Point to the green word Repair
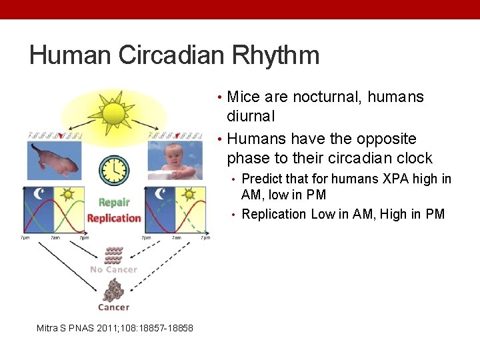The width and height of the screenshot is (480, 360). pos(113,203)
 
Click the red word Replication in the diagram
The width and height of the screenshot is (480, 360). pos(114,218)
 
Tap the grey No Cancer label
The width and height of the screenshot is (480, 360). pos(113,269)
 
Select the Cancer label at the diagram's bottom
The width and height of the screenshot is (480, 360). pos(113,307)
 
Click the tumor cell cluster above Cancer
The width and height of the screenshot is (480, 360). pos(113,290)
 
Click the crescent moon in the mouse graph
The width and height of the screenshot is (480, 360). pos(39,194)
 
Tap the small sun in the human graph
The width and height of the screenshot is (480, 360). pos(189,194)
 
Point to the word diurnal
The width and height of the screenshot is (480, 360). pos(251,117)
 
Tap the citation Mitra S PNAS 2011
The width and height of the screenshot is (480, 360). pos(115,328)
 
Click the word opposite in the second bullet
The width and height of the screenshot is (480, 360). pos(382,139)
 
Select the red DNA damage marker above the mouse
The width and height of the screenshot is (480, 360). pos(61,136)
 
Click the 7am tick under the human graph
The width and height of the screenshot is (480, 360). pos(177,238)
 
